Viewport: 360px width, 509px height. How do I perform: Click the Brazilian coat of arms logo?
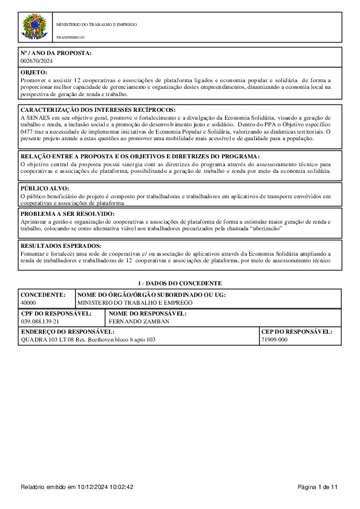click(34, 28)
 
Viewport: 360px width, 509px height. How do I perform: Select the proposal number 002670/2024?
click(36, 60)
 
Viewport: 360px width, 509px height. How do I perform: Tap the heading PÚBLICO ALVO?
click(45, 189)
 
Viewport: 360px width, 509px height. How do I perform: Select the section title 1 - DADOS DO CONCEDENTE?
click(180, 283)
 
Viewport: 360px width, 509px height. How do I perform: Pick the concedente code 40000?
click(28, 302)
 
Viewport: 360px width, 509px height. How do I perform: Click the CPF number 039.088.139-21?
click(40, 322)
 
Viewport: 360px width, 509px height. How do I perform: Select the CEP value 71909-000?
click(274, 340)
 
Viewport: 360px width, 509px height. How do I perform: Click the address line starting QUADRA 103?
click(88, 340)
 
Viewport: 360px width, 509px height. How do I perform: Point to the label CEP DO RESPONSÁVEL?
click(296, 332)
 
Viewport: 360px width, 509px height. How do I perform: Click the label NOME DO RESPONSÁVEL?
click(147, 314)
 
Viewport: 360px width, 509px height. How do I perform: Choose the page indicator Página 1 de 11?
click(318, 487)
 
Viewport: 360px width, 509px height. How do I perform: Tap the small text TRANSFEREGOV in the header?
click(68, 37)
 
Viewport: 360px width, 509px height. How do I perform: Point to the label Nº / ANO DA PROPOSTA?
click(56, 53)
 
